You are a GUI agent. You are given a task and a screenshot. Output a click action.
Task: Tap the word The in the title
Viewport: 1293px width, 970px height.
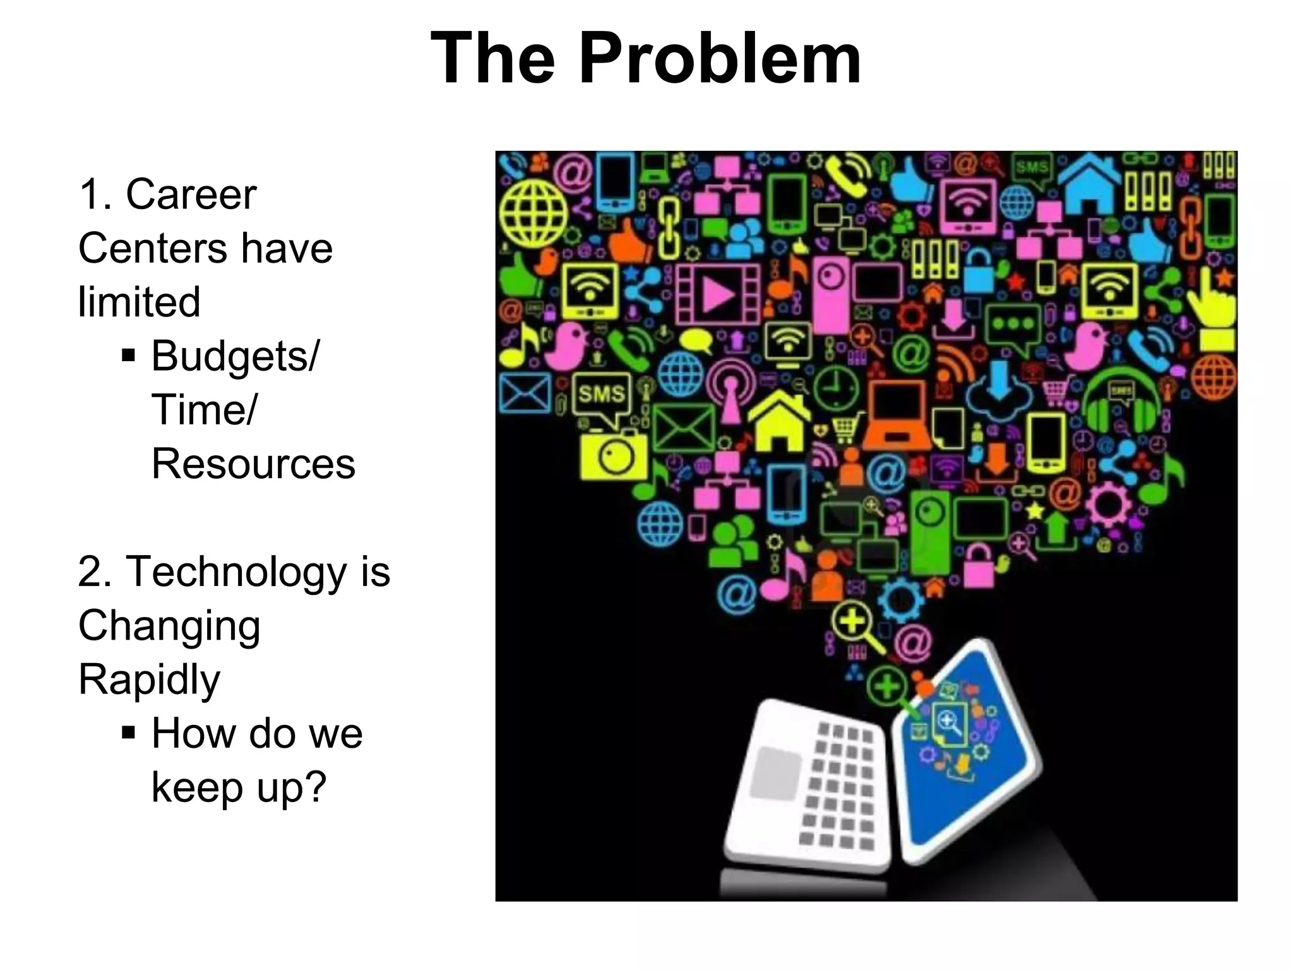click(x=492, y=59)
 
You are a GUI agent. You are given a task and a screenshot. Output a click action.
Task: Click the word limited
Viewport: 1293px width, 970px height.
click(x=139, y=302)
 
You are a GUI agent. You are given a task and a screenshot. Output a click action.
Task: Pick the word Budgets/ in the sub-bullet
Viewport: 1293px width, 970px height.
click(x=235, y=356)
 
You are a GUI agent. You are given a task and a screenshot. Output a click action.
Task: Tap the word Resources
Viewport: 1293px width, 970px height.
click(x=253, y=464)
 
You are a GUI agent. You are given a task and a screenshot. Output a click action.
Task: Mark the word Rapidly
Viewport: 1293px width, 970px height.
click(x=149, y=681)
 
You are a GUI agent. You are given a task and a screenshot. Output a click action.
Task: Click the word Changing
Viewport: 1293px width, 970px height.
click(x=169, y=626)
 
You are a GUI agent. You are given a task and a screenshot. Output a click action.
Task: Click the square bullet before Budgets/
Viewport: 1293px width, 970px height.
click(x=128, y=356)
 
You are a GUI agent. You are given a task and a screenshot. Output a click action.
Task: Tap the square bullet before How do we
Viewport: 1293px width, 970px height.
click(x=128, y=733)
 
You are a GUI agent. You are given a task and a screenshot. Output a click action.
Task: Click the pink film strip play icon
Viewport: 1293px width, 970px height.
click(x=717, y=294)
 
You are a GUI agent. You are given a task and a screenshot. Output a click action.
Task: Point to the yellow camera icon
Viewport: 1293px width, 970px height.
click(x=613, y=455)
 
